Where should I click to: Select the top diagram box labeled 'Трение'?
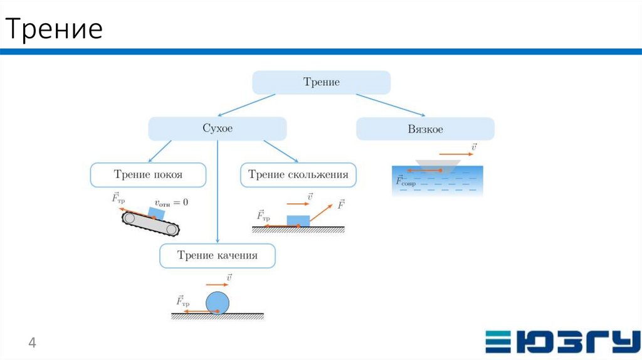pyautogui.click(x=321, y=82)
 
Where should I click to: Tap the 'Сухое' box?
pyautogui.click(x=217, y=129)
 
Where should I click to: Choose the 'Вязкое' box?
pyautogui.click(x=425, y=129)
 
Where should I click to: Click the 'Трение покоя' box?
pyautogui.click(x=148, y=175)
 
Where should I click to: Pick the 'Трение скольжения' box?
pyautogui.click(x=298, y=175)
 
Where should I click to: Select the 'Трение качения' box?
pyautogui.click(x=217, y=256)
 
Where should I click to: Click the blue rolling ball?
pyautogui.click(x=218, y=302)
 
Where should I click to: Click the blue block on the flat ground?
pyautogui.click(x=298, y=220)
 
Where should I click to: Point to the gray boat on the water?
pyautogui.click(x=439, y=163)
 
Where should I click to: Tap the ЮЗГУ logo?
pyautogui.click(x=559, y=341)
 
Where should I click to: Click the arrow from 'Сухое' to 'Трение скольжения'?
pyautogui.click(x=280, y=151)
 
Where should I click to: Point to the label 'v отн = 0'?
pyautogui.click(x=171, y=203)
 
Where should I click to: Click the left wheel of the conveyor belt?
pyautogui.click(x=130, y=218)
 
